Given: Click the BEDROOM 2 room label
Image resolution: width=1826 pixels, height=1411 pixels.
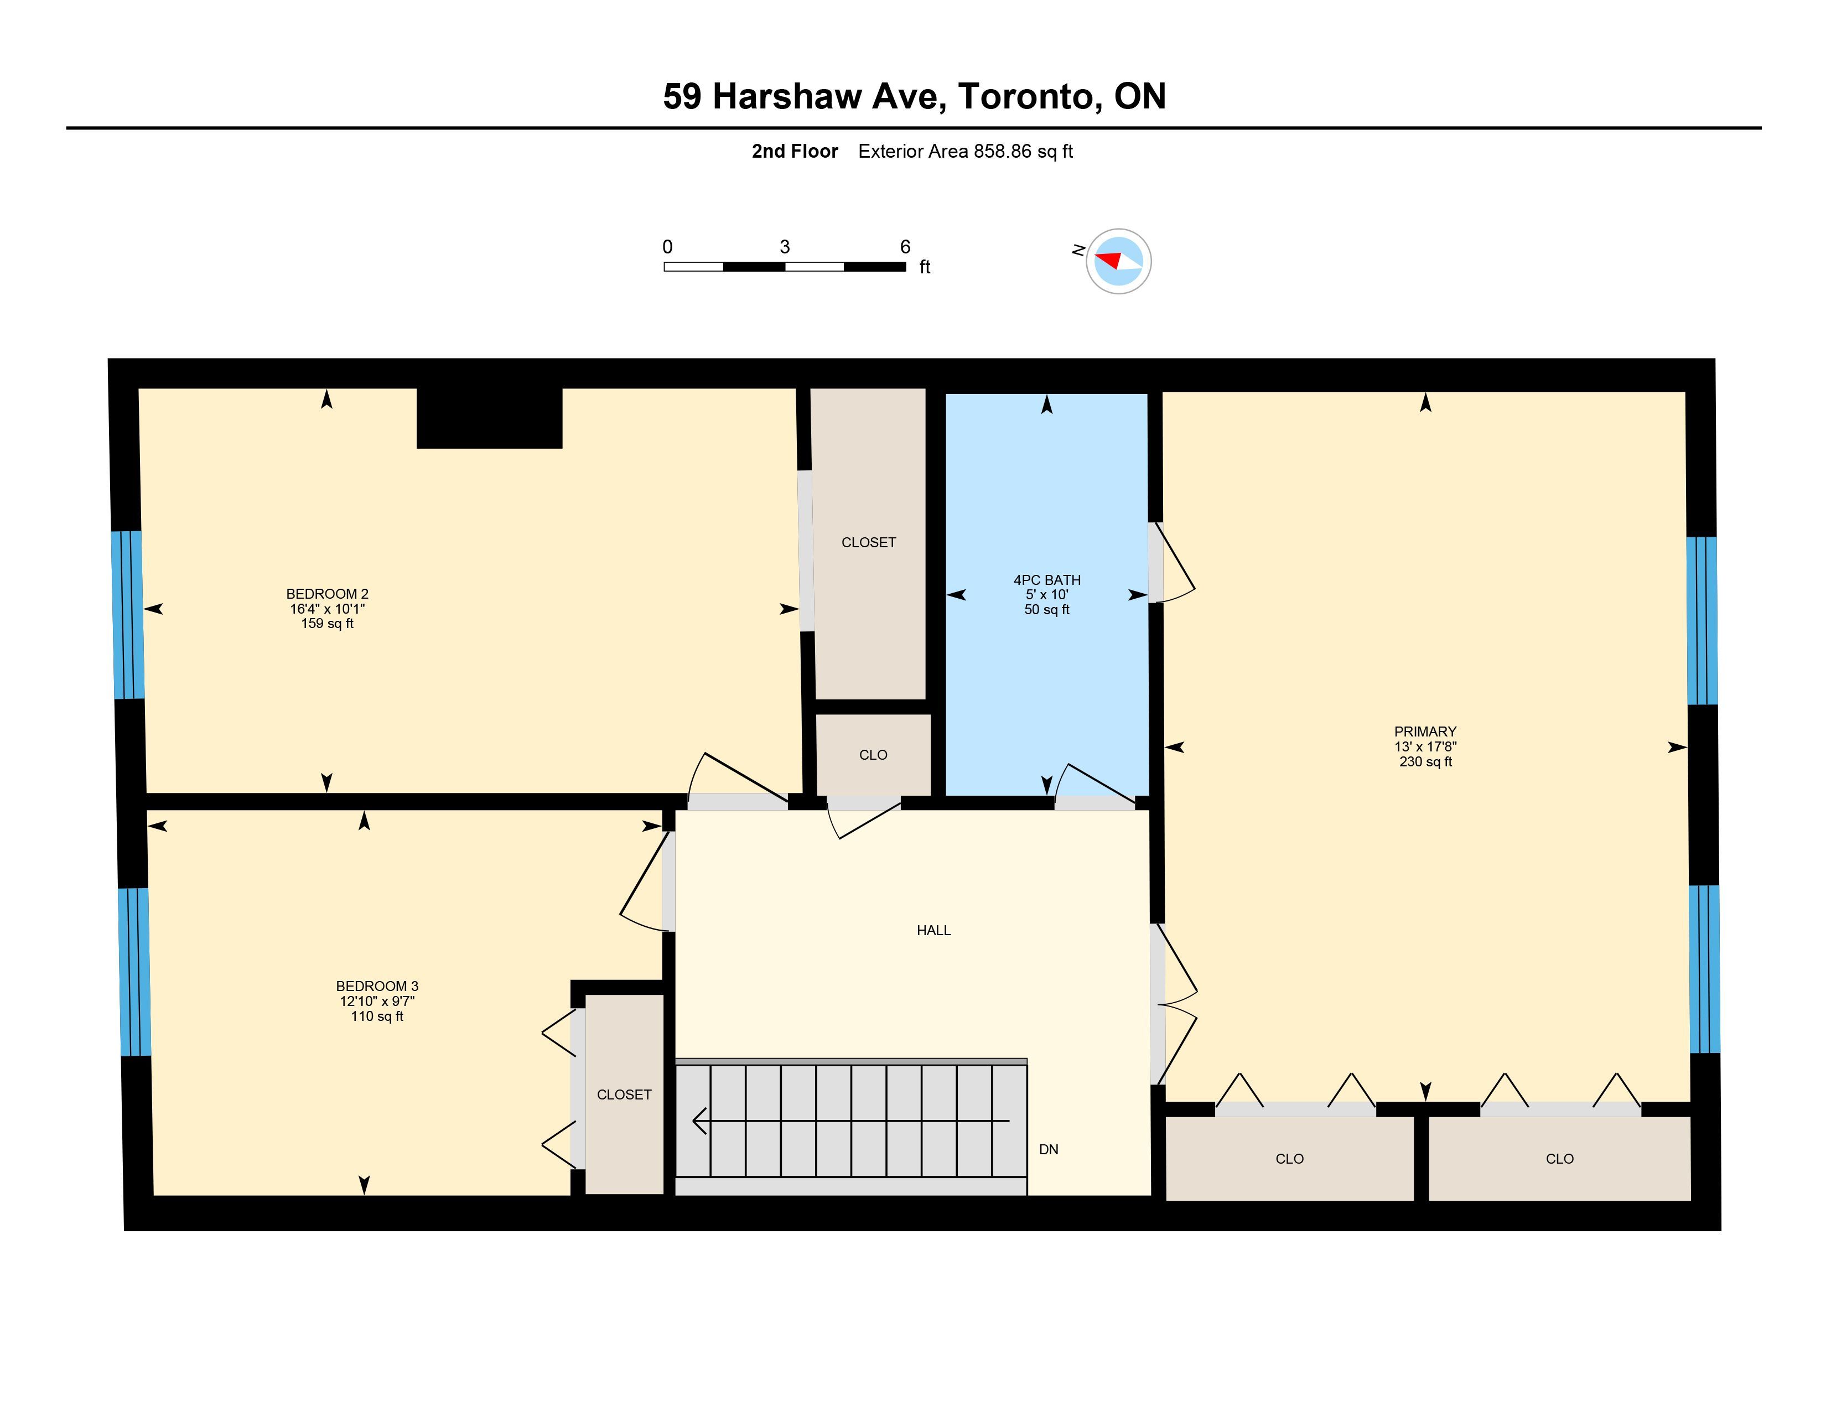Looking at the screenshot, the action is coord(327,594).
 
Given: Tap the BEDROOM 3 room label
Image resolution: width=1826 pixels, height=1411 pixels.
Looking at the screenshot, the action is coord(377,987).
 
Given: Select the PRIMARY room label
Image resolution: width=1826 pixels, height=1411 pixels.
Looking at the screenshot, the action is coord(1425,732).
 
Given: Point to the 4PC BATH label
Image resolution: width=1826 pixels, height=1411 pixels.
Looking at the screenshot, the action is coord(1047,580).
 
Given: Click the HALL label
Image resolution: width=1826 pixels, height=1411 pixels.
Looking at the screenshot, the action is coord(934,930).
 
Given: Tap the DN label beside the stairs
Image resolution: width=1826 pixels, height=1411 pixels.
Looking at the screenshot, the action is coord(1049,1149).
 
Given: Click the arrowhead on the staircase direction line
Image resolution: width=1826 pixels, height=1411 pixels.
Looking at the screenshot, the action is coord(701,1120).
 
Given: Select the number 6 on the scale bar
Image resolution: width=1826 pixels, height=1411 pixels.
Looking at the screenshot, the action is coord(905,247).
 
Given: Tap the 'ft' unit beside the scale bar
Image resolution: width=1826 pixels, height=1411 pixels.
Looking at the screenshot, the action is coord(925,267).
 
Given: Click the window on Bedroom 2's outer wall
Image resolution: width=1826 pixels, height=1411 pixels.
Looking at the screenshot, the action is coord(128,615).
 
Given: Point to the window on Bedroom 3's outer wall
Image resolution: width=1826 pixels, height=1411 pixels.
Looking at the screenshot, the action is coord(134,971).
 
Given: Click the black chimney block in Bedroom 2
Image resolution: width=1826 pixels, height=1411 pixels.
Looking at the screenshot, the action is coord(489,418).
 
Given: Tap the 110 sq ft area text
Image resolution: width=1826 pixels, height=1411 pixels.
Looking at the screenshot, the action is coord(377,1016).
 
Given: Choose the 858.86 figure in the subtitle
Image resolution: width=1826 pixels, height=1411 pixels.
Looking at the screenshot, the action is coord(1003,151).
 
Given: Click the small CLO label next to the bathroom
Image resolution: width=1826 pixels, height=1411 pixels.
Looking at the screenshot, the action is coord(873,755).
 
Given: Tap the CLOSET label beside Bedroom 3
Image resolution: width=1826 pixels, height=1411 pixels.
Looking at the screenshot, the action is coord(624,1094).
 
